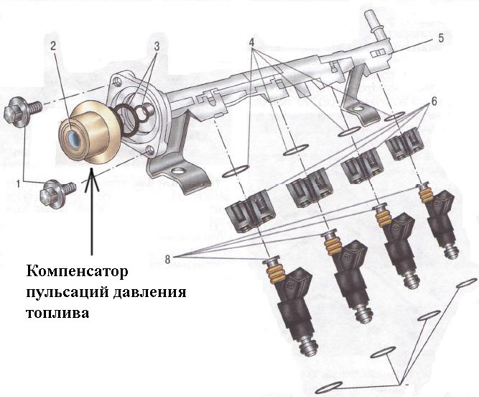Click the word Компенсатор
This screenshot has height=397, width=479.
tap(77, 273)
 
